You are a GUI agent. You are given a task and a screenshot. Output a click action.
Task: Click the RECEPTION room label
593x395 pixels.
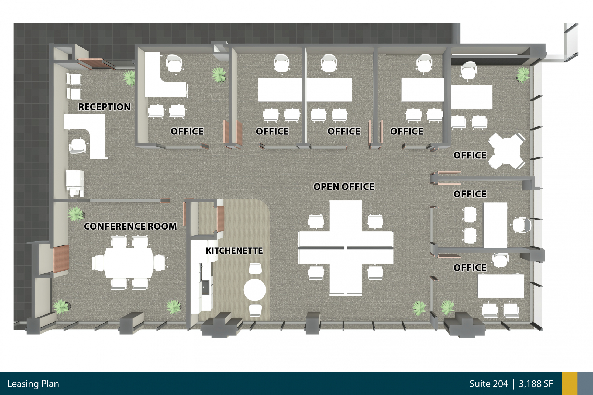click(x=104, y=107)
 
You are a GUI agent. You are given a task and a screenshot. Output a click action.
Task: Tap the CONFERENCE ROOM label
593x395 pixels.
click(x=130, y=226)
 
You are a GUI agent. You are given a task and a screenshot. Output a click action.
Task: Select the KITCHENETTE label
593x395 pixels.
click(x=234, y=251)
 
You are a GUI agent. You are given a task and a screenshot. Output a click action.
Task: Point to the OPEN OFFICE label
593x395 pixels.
click(x=344, y=187)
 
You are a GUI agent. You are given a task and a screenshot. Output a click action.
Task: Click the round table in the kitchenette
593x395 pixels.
click(x=254, y=290)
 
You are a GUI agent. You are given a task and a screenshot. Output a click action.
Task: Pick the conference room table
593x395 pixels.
click(x=129, y=263)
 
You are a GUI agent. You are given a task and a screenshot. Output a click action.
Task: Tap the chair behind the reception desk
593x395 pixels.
click(x=78, y=146)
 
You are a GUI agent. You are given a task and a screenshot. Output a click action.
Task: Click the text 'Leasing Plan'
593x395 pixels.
click(x=33, y=384)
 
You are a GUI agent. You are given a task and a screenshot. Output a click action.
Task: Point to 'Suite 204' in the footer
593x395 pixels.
click(x=488, y=384)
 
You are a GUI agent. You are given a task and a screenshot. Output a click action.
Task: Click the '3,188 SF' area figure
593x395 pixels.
click(x=536, y=384)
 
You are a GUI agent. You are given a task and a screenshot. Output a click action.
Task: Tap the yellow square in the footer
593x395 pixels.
click(x=570, y=384)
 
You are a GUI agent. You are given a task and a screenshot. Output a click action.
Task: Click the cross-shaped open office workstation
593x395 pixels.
click(x=346, y=248)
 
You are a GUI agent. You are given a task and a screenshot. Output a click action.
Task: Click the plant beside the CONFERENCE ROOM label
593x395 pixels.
click(x=76, y=214)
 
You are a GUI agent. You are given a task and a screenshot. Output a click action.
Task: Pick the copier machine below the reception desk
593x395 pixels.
click(x=75, y=183)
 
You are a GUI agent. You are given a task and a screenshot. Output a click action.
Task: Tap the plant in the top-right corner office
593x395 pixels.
click(x=523, y=74)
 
